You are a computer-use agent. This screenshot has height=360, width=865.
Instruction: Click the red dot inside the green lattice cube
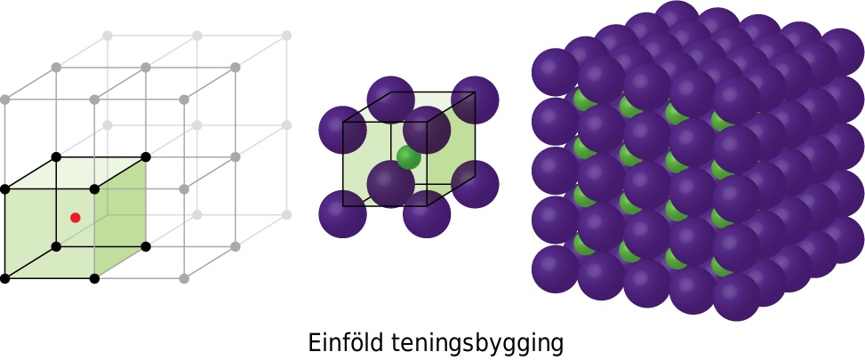[x=75, y=218]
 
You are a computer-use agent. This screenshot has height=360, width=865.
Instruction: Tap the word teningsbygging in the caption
[x=477, y=343]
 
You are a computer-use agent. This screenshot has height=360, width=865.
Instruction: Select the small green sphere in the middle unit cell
[x=409, y=157]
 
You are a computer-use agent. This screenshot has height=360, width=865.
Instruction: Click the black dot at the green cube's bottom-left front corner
[x=5, y=279]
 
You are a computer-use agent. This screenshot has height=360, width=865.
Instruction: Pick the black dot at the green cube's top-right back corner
[x=146, y=157]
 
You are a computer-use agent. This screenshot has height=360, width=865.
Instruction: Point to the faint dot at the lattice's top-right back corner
[x=286, y=36]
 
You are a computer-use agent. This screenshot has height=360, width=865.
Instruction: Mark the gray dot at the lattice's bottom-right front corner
[x=184, y=279]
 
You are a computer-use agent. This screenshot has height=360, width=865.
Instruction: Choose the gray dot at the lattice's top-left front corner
[x=5, y=100]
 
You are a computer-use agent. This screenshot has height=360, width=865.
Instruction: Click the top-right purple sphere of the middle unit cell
[x=475, y=100]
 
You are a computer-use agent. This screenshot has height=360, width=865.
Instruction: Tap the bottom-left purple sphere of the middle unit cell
[x=342, y=214]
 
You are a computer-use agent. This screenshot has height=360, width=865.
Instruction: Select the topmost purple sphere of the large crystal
[x=677, y=22]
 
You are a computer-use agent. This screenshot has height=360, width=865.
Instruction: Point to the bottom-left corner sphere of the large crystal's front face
[x=556, y=270]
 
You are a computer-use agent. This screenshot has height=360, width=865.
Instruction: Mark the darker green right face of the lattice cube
[x=120, y=218]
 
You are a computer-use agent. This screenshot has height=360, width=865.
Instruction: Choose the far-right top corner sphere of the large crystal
[x=842, y=52]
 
